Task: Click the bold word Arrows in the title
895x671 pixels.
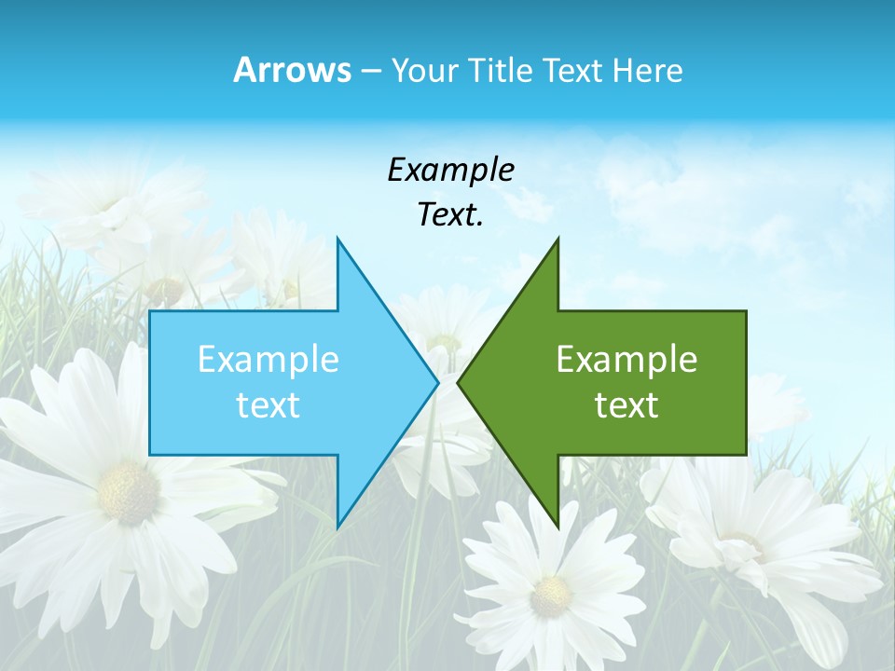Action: click(x=293, y=71)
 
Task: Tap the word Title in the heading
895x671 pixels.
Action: click(x=501, y=71)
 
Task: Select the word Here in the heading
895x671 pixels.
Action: click(x=647, y=71)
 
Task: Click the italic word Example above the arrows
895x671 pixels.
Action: click(x=450, y=171)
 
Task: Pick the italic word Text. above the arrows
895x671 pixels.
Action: click(x=450, y=215)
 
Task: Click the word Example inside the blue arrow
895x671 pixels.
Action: click(x=268, y=360)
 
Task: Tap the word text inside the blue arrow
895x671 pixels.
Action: click(x=268, y=404)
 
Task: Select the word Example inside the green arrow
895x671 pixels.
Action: click(x=626, y=360)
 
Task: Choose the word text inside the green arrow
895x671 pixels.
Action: click(x=626, y=404)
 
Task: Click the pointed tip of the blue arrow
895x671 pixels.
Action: click(x=438, y=382)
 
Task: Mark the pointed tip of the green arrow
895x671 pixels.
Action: click(x=458, y=382)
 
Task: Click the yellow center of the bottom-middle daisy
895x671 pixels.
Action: click(x=551, y=589)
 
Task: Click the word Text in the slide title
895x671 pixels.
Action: click(x=571, y=71)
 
